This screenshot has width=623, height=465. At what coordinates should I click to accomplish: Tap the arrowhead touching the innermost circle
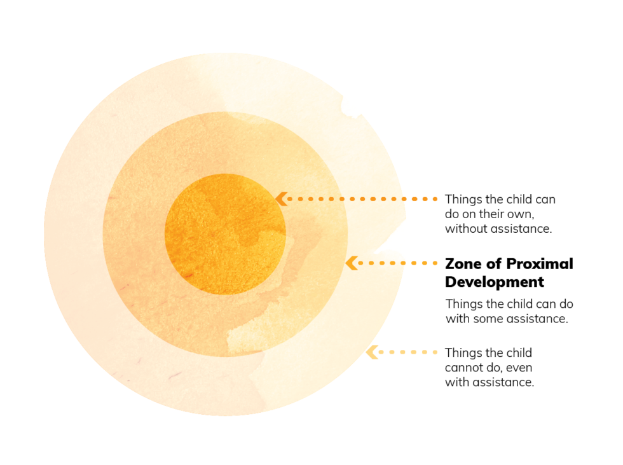pos(281,198)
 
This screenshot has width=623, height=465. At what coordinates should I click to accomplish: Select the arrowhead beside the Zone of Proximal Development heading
pos(351,263)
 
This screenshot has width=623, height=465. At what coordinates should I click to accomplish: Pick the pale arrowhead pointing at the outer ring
pos(372,352)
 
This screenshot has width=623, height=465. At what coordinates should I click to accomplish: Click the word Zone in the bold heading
pos(461,264)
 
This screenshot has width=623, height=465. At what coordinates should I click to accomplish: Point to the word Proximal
pos(534,264)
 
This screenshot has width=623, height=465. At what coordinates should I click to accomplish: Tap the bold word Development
pos(495,282)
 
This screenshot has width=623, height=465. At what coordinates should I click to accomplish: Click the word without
pos(465,229)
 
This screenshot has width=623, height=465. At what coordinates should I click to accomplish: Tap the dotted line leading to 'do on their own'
pos(362,199)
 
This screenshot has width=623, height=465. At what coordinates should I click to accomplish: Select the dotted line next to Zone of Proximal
pos(397,263)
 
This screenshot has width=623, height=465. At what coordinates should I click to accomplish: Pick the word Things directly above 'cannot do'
pos(463,353)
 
